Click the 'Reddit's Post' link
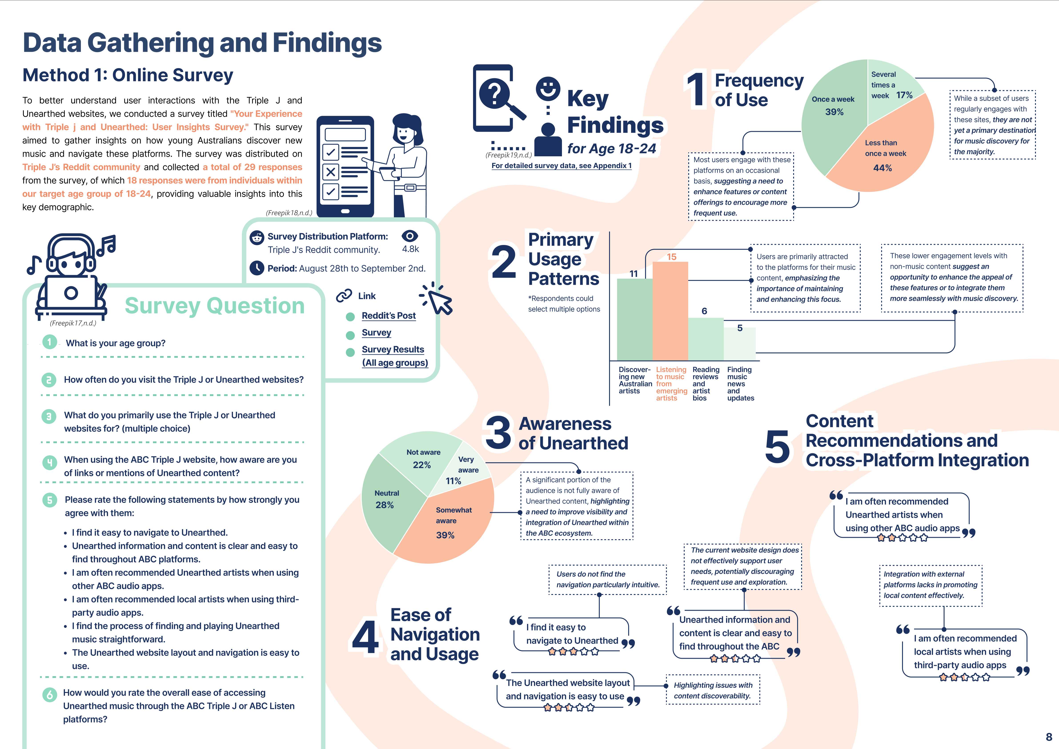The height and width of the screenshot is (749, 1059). pos(388,316)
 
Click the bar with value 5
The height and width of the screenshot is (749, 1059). pos(739,344)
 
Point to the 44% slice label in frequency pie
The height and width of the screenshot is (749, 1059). pos(882,168)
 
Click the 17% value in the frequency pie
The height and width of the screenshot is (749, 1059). pos(904,95)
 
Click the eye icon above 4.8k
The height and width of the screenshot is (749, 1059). pos(410,236)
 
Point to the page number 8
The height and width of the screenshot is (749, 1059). pos(1048,737)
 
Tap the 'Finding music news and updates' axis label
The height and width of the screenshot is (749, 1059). pos(740,384)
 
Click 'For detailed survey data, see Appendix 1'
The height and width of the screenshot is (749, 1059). pos(561,166)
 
